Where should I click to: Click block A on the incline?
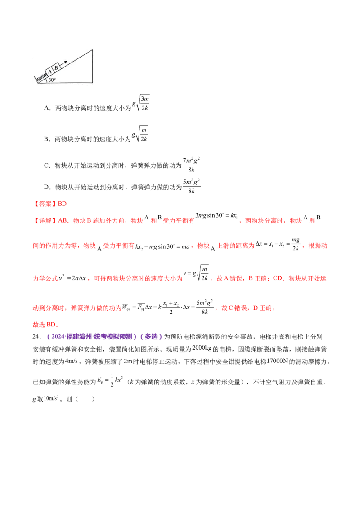49,72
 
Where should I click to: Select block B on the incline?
56,68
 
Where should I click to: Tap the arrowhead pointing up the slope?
66,62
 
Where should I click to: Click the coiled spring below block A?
41,78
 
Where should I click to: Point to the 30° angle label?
52,80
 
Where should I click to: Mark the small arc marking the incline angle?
46,81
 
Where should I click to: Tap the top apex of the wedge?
93,50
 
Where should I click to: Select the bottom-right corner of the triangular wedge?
93,83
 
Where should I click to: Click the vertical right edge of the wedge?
93,66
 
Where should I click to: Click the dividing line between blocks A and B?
53,69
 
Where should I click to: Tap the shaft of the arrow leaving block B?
63,64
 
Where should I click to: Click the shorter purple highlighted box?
151,336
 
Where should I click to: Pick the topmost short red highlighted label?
51,204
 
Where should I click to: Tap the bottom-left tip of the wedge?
38,83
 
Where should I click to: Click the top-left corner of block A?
45,71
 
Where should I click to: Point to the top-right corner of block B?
58,63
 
